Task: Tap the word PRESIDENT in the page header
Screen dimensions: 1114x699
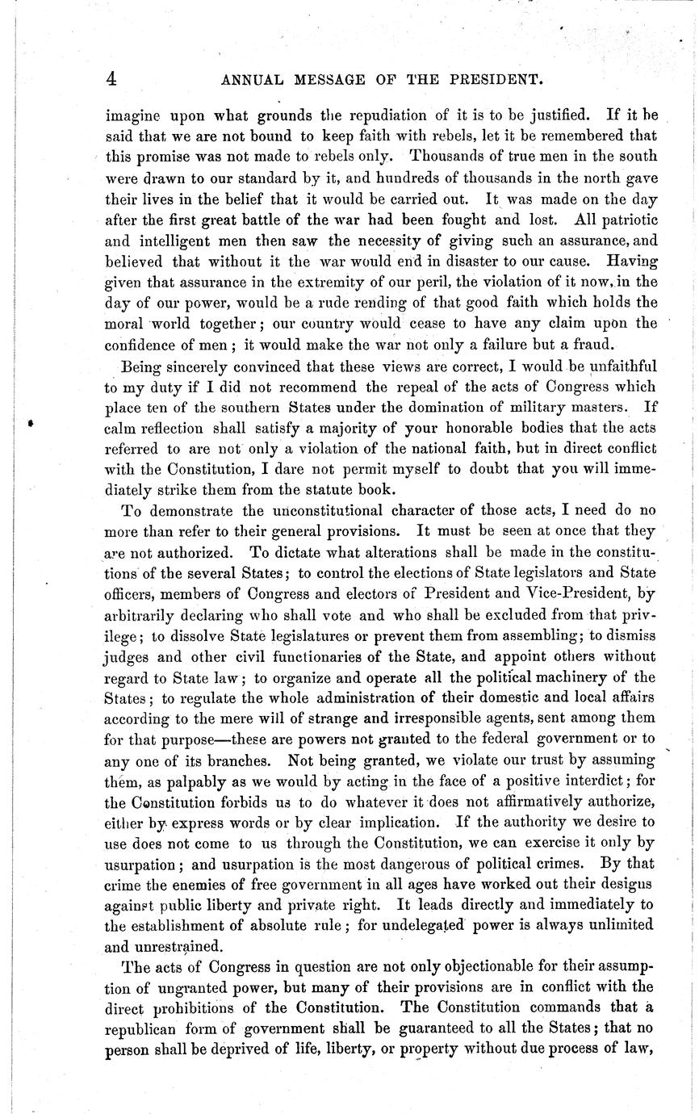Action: (x=488, y=79)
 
